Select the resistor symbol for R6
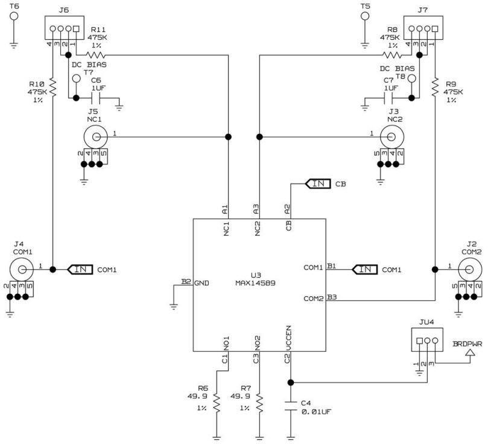pos(217,404)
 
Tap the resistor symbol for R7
pos(259,404)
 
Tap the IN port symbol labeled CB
pos(317,183)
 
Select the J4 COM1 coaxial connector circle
pos(21,268)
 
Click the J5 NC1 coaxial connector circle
pos(92,137)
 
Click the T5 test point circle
pos(364,14)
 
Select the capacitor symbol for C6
pos(95,97)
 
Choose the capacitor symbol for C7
pos(388,97)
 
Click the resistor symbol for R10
pos(52,87)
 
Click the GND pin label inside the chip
pos(201,282)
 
